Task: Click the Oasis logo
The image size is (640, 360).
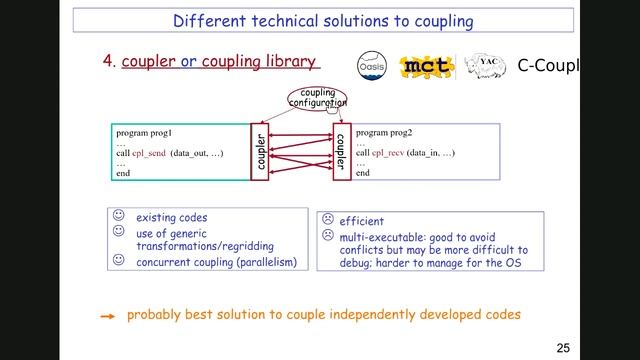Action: pyautogui.click(x=374, y=65)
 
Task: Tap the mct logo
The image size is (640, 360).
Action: pyautogui.click(x=427, y=66)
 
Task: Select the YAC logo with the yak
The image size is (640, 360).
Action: pyautogui.click(x=483, y=65)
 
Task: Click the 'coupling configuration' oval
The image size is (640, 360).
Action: pyautogui.click(x=317, y=98)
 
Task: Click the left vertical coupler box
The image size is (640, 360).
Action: pyautogui.click(x=260, y=151)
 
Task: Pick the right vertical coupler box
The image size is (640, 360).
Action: pyautogui.click(x=340, y=151)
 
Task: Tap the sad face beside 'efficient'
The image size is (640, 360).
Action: pyautogui.click(x=326, y=220)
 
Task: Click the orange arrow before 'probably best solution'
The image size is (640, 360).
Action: pyautogui.click(x=107, y=315)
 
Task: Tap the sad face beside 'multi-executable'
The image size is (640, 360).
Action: pyautogui.click(x=326, y=236)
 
